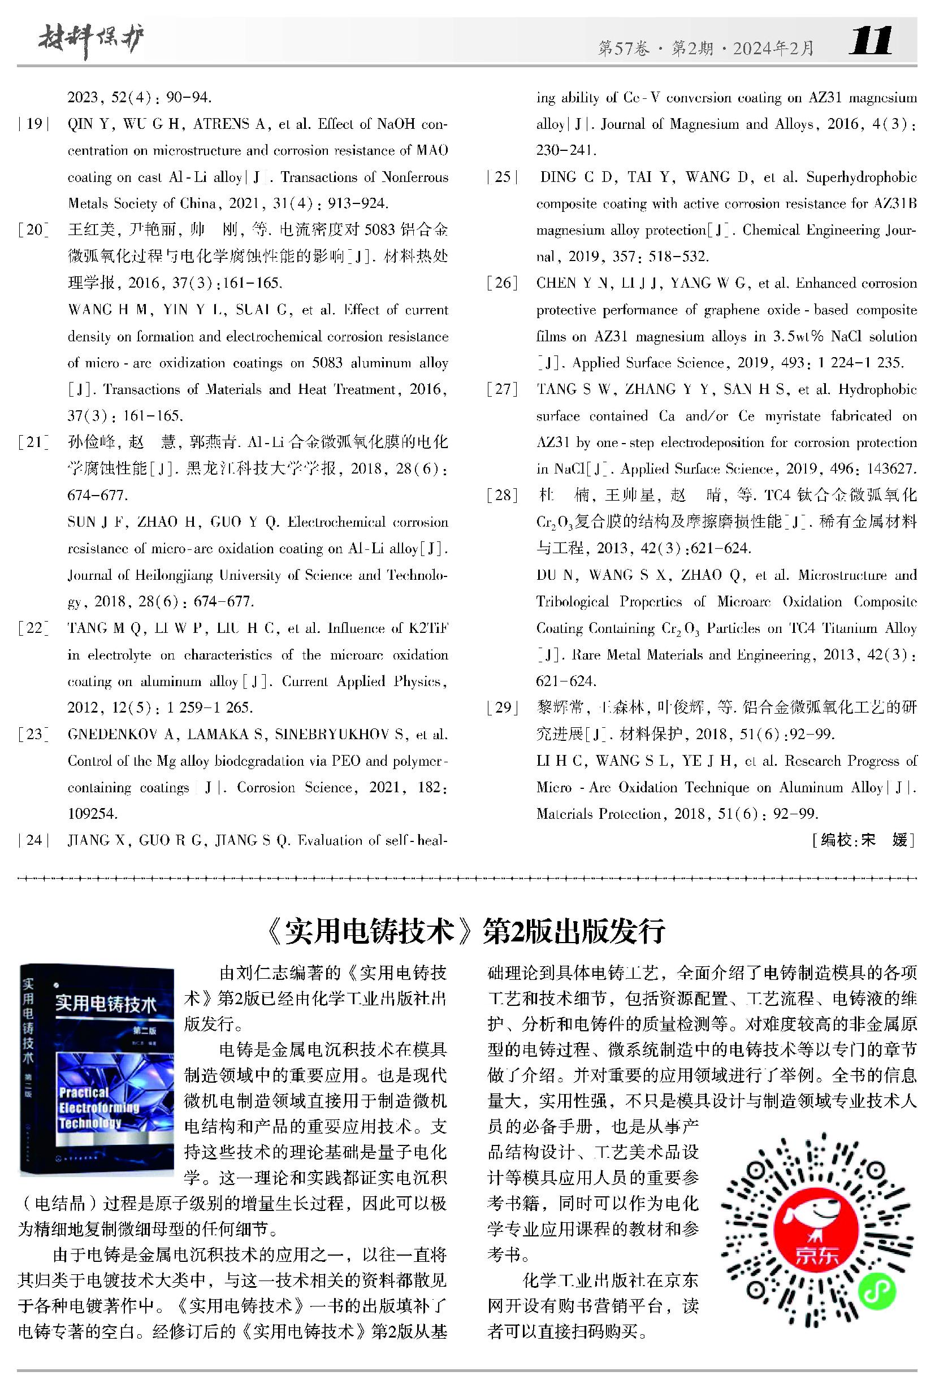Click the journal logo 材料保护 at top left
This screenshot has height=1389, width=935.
[x=91, y=42]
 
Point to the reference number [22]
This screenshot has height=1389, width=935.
[x=33, y=628]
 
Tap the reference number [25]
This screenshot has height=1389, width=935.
[x=503, y=177]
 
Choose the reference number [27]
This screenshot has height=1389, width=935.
[x=502, y=389]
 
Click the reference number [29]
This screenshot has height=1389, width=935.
[x=502, y=707]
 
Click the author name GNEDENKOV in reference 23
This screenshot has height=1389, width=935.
[x=112, y=735]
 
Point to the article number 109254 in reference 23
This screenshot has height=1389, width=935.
[x=93, y=814]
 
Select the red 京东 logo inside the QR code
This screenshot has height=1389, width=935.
[x=816, y=1237]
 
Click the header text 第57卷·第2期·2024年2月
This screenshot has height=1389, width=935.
[x=706, y=48]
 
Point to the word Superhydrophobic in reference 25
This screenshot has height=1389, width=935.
[x=861, y=177]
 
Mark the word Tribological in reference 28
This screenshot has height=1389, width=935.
[x=572, y=601]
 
